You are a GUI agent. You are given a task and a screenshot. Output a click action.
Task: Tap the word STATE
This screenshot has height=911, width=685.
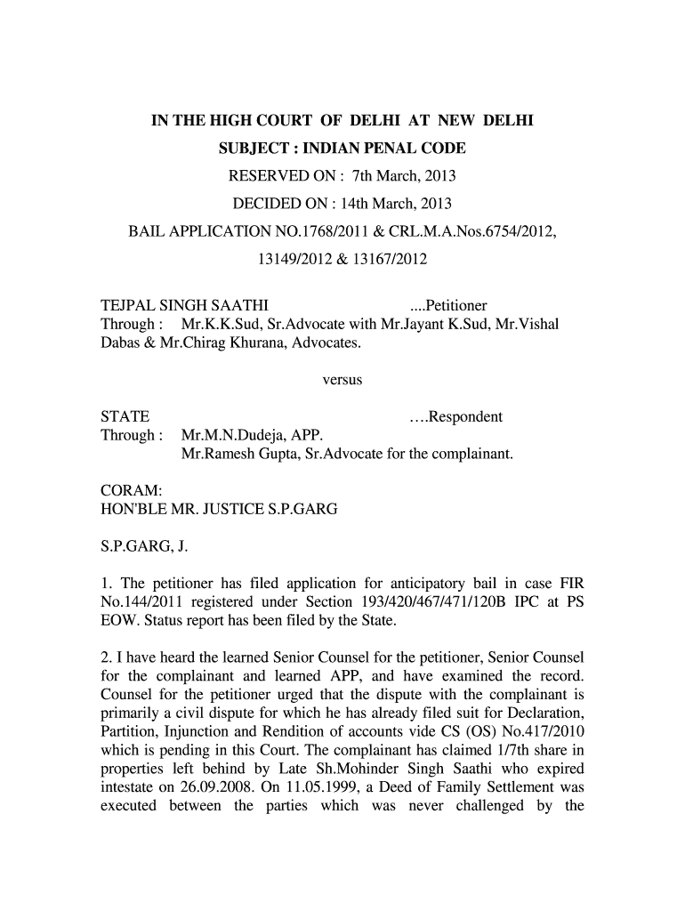[124, 417]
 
